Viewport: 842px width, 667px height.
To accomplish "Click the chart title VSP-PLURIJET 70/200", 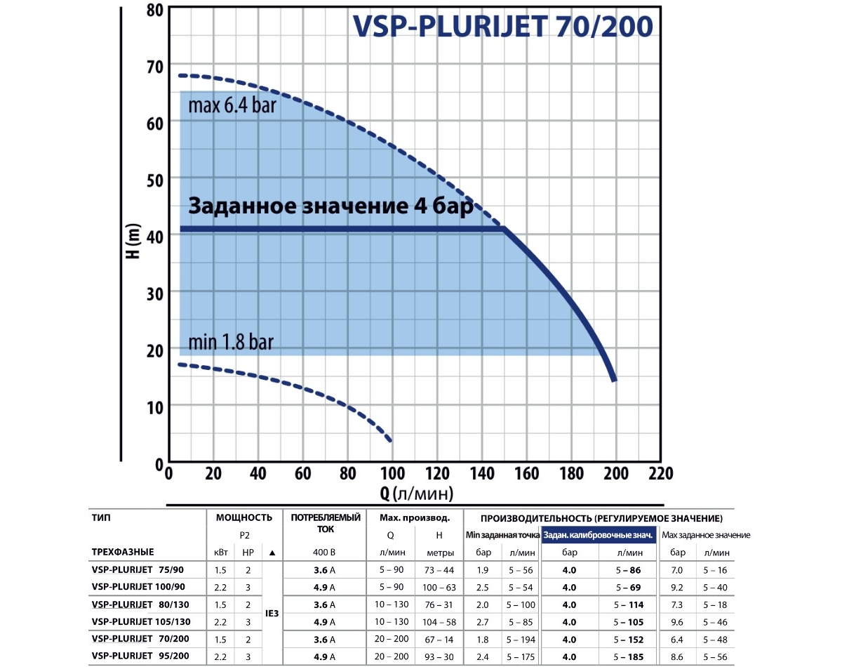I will (x=502, y=26).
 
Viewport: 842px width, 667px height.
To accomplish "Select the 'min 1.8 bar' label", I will (x=230, y=343).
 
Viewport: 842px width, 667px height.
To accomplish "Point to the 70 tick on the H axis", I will (x=154, y=65).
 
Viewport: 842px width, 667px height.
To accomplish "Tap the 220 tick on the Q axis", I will (x=660, y=473).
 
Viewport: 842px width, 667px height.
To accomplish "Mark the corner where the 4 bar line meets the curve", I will (x=504, y=229).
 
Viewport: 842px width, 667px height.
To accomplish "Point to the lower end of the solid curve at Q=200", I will (x=615, y=380).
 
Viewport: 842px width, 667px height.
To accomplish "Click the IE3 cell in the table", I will (x=272, y=612).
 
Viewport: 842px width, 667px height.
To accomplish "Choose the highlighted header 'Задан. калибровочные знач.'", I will (x=599, y=535).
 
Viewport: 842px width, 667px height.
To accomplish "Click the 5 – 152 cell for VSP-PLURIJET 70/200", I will (x=627, y=638).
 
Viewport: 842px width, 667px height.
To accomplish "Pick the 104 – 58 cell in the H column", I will (x=439, y=621).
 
